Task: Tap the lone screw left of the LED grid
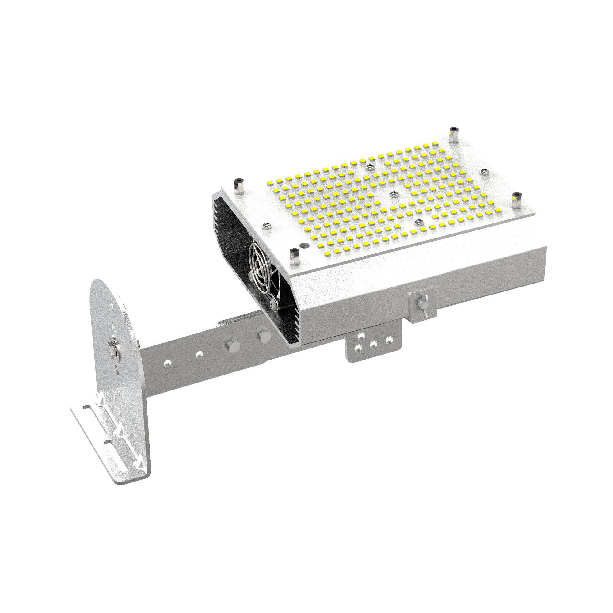[266, 226]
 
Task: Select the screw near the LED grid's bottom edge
[418, 223]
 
